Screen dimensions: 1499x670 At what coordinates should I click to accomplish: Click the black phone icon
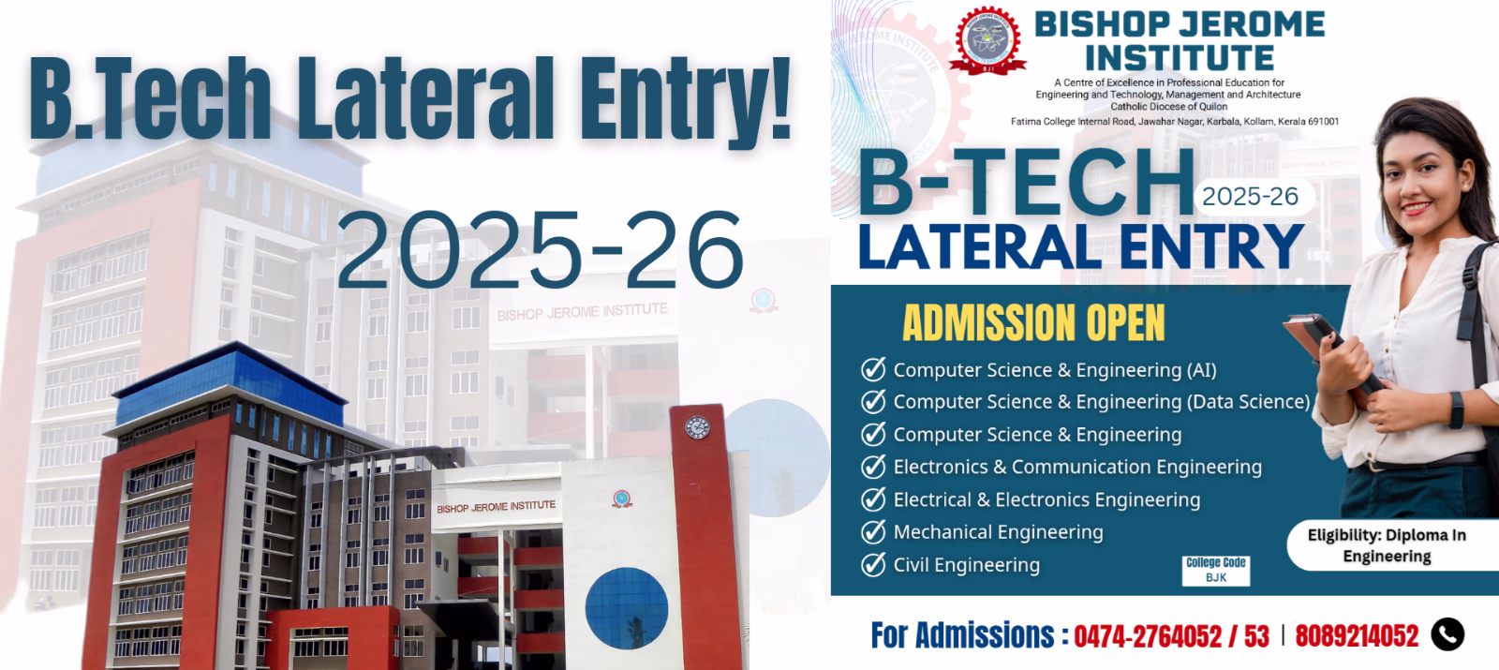[1447, 633]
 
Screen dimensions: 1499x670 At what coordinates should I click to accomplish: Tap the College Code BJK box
[1216, 571]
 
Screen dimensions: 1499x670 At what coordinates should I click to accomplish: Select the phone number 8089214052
[1357, 636]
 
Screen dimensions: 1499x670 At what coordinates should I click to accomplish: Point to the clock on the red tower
[697, 427]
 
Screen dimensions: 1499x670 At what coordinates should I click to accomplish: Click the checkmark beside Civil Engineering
[873, 564]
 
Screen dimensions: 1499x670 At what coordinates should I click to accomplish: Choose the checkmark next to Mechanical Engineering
[873, 531]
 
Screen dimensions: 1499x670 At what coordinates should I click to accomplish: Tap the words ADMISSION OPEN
[1034, 323]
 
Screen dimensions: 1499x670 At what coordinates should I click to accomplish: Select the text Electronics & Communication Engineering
[1077, 467]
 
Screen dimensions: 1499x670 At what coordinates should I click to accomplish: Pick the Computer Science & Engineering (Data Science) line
[1102, 402]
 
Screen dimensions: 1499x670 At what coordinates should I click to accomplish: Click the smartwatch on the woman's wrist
[1456, 409]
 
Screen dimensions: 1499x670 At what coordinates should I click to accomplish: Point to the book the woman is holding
[1331, 356]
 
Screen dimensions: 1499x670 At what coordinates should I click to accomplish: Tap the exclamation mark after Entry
[779, 98]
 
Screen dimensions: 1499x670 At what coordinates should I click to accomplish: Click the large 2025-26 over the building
[540, 249]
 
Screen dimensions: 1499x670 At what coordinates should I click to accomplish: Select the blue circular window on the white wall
[627, 608]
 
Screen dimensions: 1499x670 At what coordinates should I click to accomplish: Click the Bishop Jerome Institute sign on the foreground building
[496, 507]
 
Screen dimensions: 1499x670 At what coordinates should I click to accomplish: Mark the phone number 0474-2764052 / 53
[1171, 636]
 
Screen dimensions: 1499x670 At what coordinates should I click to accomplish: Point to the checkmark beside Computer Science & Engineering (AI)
[873, 369]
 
